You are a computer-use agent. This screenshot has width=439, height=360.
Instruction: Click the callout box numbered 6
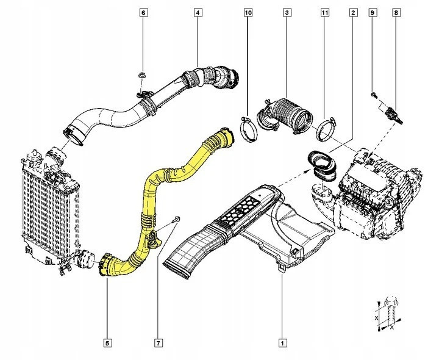tap(143, 12)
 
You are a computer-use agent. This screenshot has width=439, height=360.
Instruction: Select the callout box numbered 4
tap(198, 12)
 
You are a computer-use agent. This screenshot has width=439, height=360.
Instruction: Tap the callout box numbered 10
tap(248, 12)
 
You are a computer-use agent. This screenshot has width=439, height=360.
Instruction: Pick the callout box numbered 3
tap(287, 12)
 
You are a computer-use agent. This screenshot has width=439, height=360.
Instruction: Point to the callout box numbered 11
tap(325, 12)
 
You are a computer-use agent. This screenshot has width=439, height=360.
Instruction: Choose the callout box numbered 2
tap(353, 12)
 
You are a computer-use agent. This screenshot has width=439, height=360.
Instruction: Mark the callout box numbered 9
tap(373, 12)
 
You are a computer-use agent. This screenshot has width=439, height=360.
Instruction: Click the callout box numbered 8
tap(396, 12)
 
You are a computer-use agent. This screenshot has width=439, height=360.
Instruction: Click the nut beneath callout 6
tap(141, 77)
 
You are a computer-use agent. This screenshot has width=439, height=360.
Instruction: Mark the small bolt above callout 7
tap(177, 218)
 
